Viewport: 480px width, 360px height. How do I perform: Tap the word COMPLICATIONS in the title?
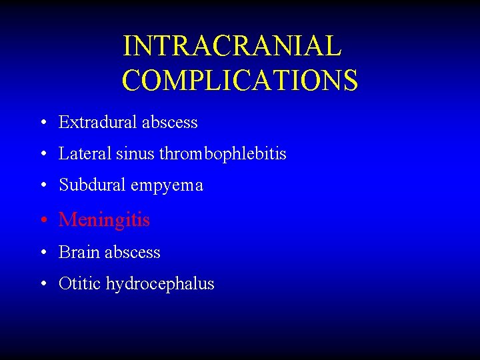pyautogui.click(x=240, y=80)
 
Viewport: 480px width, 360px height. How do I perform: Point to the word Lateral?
pyautogui.click(x=85, y=154)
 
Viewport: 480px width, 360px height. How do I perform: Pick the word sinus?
pyautogui.click(x=135, y=154)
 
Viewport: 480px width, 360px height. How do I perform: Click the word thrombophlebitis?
pyautogui.click(x=223, y=154)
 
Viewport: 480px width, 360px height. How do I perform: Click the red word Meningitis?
pyautogui.click(x=104, y=220)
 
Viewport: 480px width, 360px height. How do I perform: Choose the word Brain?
pyautogui.click(x=78, y=252)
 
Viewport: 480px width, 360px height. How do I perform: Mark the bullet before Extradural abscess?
pyautogui.click(x=43, y=123)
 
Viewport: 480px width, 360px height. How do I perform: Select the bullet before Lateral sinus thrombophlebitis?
pyautogui.click(x=43, y=155)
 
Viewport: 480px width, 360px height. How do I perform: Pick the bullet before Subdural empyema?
pyautogui.click(x=43, y=186)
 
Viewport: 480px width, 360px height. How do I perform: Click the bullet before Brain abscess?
pyautogui.click(x=43, y=253)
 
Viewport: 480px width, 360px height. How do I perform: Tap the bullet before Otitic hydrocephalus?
pyautogui.click(x=43, y=284)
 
